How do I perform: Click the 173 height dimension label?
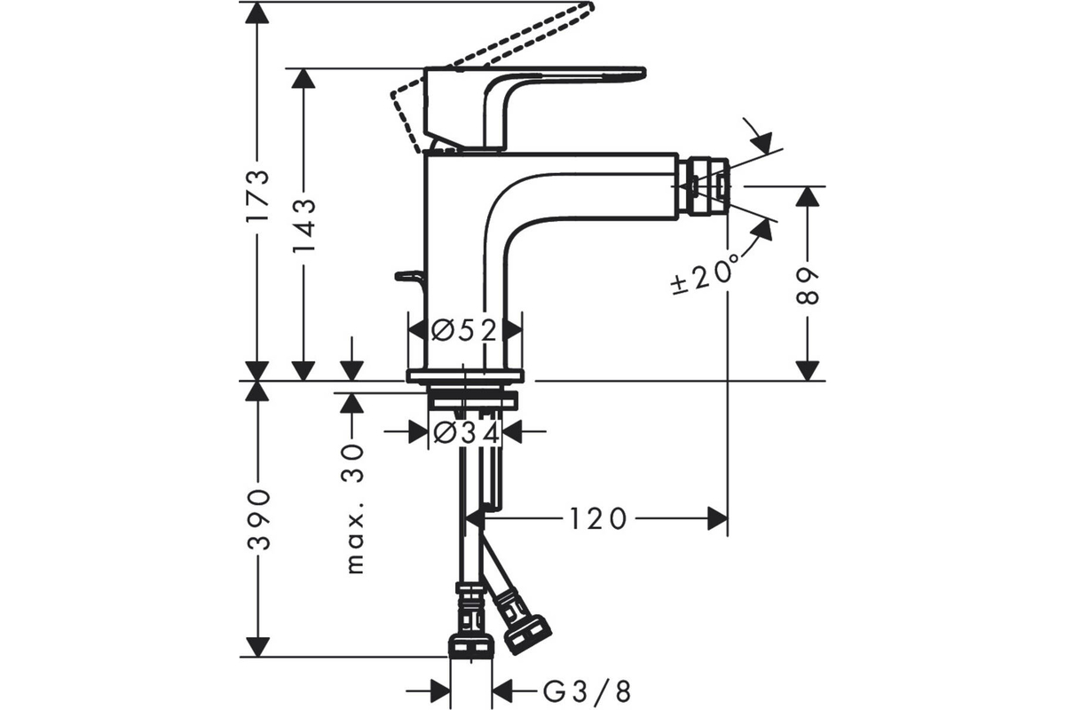coord(258,195)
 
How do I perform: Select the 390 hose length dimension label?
coord(258,519)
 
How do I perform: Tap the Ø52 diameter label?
coord(463,329)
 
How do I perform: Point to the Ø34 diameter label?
coord(467,433)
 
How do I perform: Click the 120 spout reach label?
coord(597,519)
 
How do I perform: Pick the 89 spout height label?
coord(807,286)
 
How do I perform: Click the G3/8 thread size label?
coord(587,691)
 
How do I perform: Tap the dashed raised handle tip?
coord(588,7)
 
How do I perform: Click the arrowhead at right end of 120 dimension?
coord(717,519)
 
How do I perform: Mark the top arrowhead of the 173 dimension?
coord(257,12)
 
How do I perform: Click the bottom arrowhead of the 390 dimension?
coord(257,647)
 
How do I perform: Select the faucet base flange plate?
coord(465,375)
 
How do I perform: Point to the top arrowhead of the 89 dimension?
coord(807,197)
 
